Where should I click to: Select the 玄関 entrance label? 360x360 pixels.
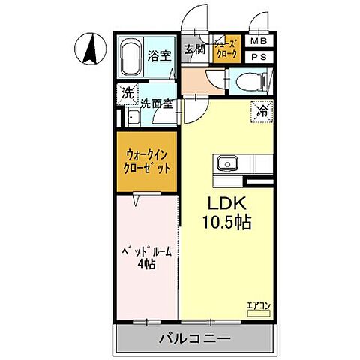click(194, 50)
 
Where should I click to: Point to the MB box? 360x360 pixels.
click(258, 41)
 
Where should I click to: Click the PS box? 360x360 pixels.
click(258, 57)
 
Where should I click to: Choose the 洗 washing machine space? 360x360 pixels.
click(127, 94)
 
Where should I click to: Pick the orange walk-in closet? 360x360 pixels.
click(147, 162)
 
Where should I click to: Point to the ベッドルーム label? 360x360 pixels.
click(147, 251)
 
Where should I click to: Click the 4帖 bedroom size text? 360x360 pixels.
click(146, 265)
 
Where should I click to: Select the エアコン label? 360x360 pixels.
click(257, 305)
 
